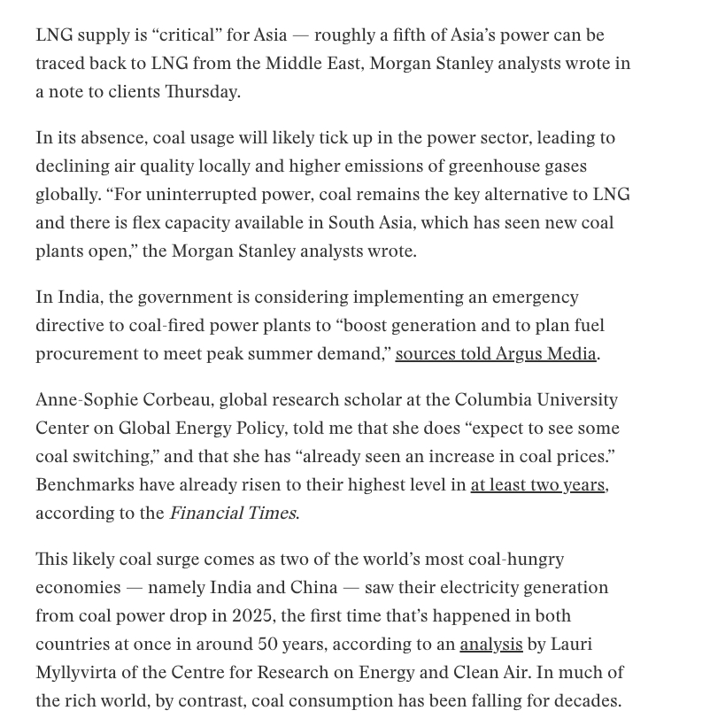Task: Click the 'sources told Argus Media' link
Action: (x=496, y=354)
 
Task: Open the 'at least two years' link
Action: (x=537, y=485)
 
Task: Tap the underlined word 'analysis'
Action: (x=490, y=645)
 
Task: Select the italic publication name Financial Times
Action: (x=232, y=514)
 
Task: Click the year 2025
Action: (x=252, y=616)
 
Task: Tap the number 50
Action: (x=269, y=645)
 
